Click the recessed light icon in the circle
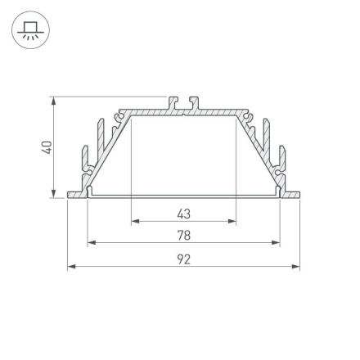click(30, 30)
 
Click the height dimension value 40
click(47, 147)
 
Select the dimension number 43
click(183, 214)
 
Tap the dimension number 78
click(183, 236)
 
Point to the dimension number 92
click(183, 259)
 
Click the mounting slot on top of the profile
click(183, 104)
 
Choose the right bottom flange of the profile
click(290, 194)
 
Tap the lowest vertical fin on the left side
click(83, 160)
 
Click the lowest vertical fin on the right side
click(283, 160)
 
